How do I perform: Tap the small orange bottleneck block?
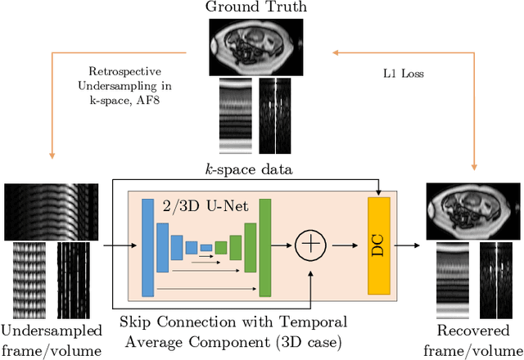pos(219,246)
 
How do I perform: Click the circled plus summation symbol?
pos(309,244)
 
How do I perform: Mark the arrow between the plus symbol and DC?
pos(343,245)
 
